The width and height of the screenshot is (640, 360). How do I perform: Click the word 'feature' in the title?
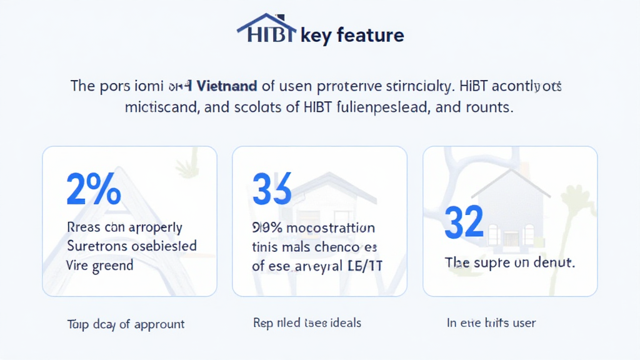point(370,35)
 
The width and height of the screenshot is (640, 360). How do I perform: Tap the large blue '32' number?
point(464,222)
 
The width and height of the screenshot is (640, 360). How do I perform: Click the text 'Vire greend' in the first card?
point(99,265)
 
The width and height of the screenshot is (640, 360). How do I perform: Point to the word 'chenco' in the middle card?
point(341,247)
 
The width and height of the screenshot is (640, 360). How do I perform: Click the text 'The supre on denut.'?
point(509,262)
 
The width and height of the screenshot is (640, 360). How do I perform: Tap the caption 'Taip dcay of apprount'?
point(126,324)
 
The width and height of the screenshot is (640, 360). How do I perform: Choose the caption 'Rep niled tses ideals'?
point(307,323)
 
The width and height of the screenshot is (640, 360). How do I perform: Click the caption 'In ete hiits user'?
point(491,323)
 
